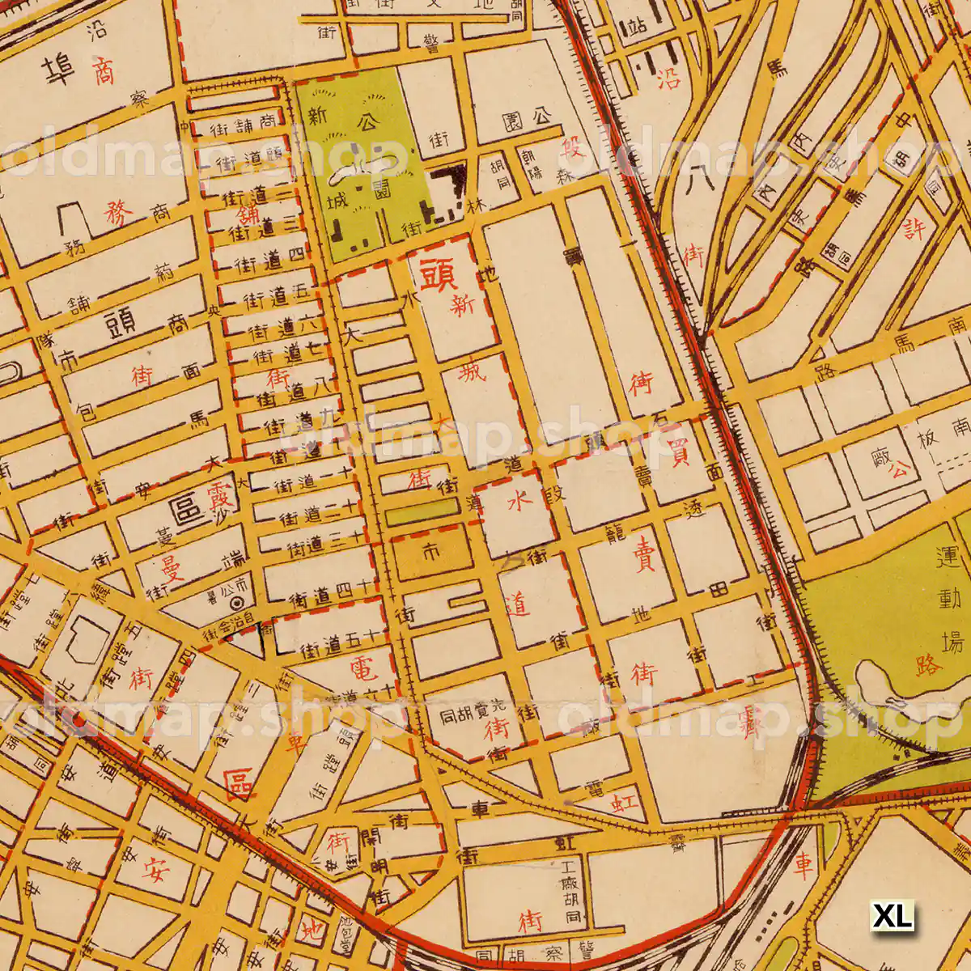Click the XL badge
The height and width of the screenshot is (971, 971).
pos(892,916)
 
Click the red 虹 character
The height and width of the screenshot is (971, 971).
pos(625,804)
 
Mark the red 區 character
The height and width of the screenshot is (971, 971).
pos(239,782)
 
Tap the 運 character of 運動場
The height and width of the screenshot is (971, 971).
pos(948,558)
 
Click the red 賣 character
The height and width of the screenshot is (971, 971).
pos(644,557)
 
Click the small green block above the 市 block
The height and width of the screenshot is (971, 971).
pos(421,511)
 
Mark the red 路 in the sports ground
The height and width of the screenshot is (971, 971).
pos(930,665)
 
